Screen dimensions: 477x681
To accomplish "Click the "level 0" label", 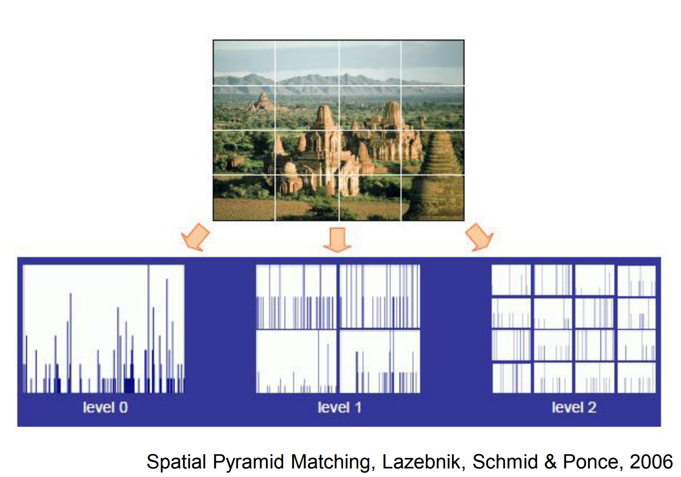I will tap(105, 408).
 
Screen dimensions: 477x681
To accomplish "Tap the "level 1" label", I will tap(339, 408).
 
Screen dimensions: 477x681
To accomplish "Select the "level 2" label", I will tap(574, 408).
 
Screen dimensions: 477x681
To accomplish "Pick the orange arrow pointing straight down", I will tap(337, 239).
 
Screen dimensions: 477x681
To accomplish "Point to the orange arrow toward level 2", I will tap(479, 237).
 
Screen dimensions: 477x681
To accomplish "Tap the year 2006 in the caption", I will tap(651, 462).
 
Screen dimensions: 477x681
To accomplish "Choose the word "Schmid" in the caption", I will tap(505, 462).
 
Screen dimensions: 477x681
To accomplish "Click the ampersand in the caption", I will tap(550, 462).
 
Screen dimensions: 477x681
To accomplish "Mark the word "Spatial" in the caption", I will tap(176, 462).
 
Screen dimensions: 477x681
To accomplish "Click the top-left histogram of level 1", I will tap(296, 297).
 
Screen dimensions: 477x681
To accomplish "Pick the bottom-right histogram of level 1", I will tap(380, 362).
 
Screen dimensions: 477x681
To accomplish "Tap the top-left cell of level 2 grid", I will tap(511, 281).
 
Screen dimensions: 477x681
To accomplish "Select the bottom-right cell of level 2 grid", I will tap(636, 378).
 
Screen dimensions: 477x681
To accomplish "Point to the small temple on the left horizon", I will tap(262, 101).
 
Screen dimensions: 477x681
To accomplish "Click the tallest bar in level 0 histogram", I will tap(148, 328).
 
